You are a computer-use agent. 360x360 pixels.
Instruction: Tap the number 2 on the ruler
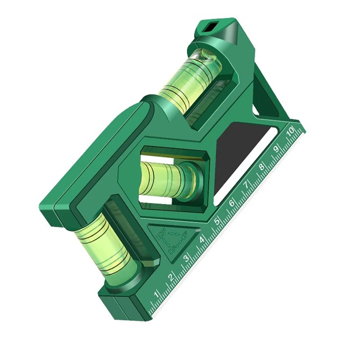point(171,277)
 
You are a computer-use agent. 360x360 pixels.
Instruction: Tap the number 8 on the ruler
point(261,167)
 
